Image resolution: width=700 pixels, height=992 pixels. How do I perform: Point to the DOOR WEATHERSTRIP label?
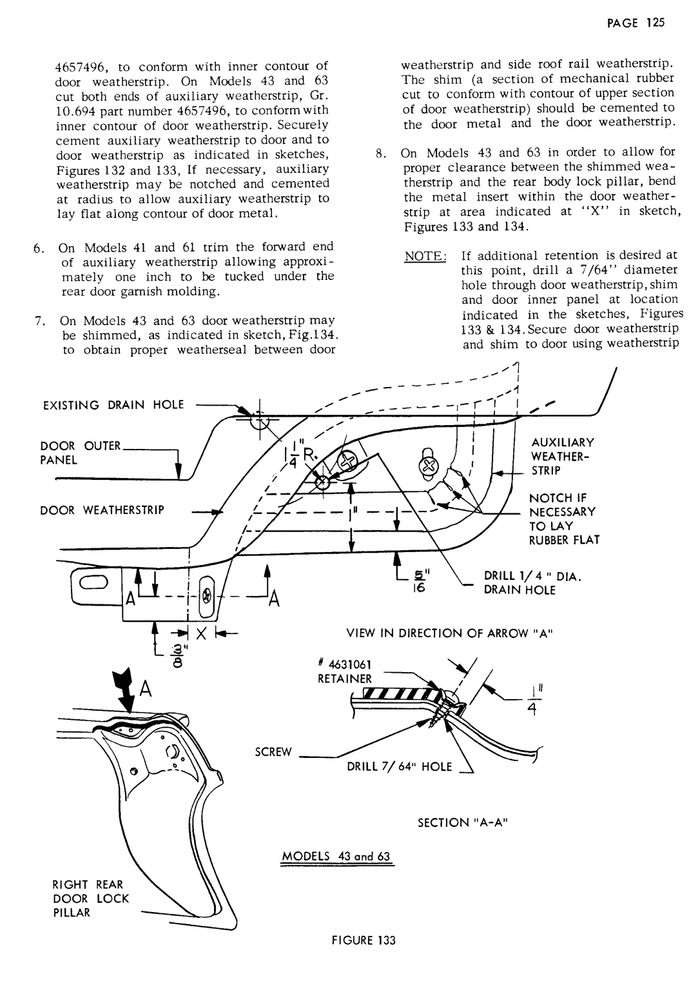(103, 510)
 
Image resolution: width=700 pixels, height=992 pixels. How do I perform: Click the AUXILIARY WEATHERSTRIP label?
(554, 456)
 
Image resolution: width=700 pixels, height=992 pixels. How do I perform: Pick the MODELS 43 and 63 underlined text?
(336, 857)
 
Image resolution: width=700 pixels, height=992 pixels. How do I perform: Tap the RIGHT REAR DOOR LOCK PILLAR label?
(86, 898)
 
